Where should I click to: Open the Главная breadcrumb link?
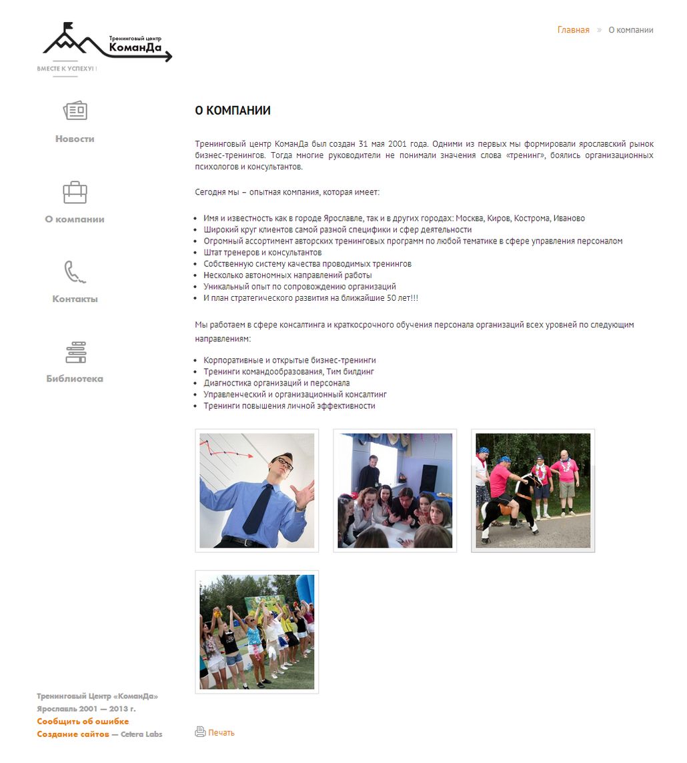pos(573,30)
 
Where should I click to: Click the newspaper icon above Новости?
pos(75,111)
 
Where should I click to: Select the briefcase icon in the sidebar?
pos(75,192)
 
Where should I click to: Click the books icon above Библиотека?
pos(75,352)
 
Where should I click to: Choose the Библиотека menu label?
pos(75,379)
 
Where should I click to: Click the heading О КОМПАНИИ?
pos(233,111)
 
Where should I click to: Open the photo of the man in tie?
pos(257,491)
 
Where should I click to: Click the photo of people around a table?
pos(395,491)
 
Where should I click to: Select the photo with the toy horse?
pos(533,491)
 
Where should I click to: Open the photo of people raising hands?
pos(257,632)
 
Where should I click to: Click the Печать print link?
pos(221,732)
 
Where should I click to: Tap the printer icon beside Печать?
pos(200,732)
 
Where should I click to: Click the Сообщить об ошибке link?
pos(83,722)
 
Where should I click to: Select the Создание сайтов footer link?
pos(73,734)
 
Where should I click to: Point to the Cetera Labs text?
pos(141,734)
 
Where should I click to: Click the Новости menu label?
pos(75,139)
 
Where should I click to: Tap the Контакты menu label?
pos(75,299)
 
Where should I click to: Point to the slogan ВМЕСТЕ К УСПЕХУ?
pos(67,69)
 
